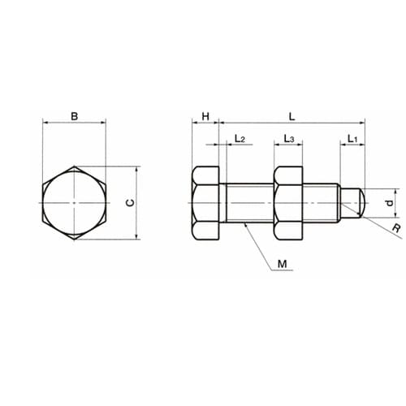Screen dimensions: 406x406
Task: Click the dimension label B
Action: pos(74,116)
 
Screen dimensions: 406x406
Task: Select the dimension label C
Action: pos(131,203)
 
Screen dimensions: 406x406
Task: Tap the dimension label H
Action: pos(205,117)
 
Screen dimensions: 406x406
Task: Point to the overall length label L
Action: pos(292,117)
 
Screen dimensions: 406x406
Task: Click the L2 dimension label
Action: pos(240,139)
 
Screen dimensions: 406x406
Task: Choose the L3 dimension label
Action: pos(289,139)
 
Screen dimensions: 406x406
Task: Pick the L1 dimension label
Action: pos(352,139)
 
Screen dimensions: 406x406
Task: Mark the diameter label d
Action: pos(390,203)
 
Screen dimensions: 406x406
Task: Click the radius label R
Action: pos(396,228)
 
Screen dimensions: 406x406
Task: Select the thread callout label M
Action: pos(282,264)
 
